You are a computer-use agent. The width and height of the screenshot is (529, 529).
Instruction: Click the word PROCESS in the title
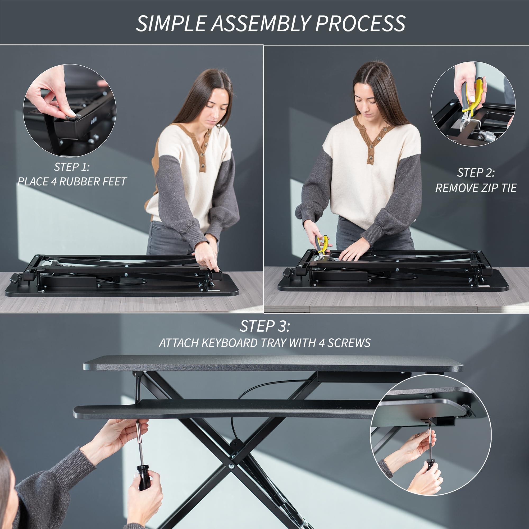point(360,24)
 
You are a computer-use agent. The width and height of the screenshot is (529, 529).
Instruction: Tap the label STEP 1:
point(72,167)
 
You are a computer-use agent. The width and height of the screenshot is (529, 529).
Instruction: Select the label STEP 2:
point(476,172)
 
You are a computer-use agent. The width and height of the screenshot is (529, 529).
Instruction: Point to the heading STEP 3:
point(264,326)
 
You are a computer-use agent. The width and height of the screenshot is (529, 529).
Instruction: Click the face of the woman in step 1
point(216,103)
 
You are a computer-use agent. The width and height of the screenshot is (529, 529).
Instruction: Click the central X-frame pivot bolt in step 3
point(232,467)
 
